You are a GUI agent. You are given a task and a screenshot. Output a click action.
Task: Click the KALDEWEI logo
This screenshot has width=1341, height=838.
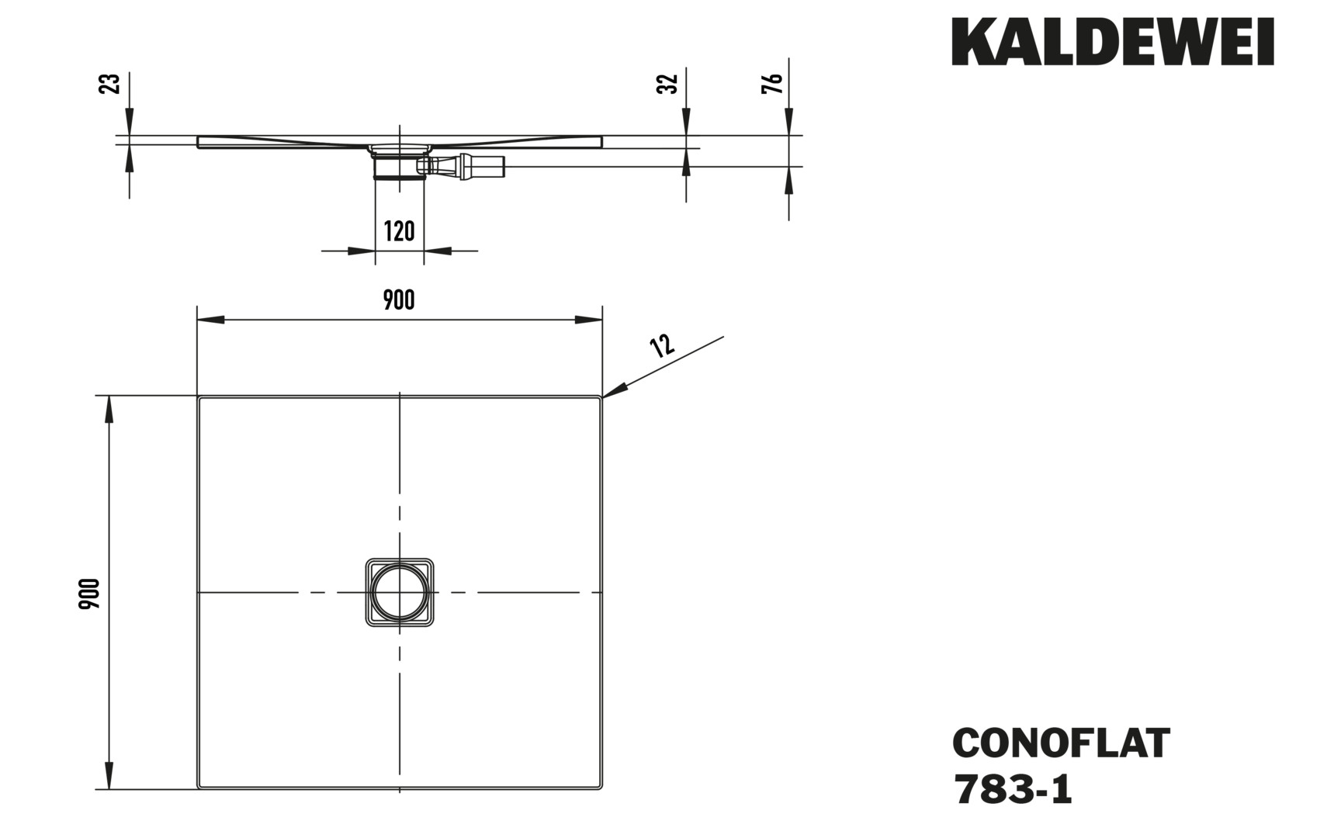[x=1112, y=42]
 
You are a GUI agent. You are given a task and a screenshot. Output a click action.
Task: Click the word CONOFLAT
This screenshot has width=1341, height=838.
[x=1060, y=743]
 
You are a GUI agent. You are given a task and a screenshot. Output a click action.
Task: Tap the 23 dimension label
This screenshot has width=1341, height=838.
[x=112, y=83]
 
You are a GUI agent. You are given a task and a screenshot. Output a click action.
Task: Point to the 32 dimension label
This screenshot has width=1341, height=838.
[x=668, y=83]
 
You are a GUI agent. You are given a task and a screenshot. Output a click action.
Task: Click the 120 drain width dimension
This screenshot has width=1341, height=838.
[x=400, y=231]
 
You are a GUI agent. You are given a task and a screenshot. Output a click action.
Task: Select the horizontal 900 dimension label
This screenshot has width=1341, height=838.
[x=399, y=300]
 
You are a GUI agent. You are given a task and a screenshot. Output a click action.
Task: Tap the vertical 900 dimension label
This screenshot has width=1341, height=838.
[x=89, y=594]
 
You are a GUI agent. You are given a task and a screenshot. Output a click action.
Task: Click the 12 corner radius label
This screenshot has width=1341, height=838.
[x=662, y=345]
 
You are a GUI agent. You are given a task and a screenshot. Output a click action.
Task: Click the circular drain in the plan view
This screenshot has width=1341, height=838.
[x=400, y=591]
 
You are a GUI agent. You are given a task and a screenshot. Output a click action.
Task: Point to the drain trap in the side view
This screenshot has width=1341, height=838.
[x=399, y=165]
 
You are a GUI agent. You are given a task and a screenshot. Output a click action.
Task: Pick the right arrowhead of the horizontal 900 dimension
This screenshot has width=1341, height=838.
[x=589, y=319]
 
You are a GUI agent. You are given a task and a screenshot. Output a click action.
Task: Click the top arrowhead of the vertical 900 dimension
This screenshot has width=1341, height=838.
[x=109, y=408]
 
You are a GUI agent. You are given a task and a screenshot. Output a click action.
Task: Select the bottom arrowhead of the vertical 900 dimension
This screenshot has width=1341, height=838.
[x=109, y=777]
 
